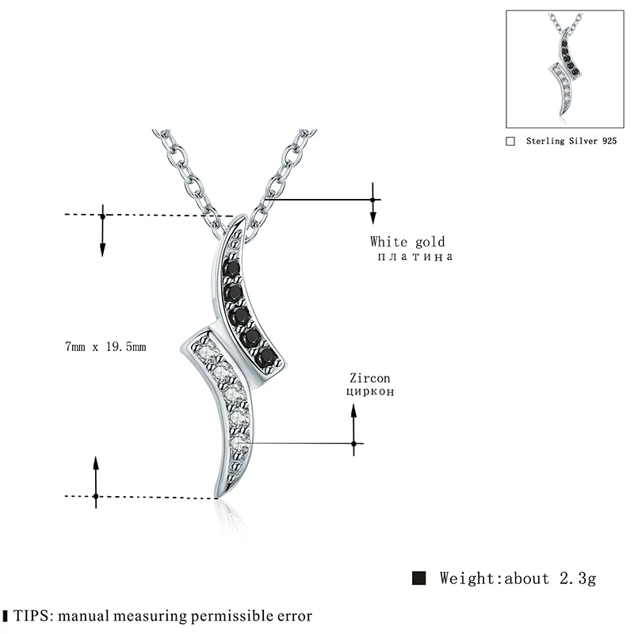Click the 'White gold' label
click(407, 242)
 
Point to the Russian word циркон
click(369, 391)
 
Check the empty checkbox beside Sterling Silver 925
click(510, 141)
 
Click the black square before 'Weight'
click(420, 578)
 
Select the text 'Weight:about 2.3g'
click(518, 578)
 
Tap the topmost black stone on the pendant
click(231, 269)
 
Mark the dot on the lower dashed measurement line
click(95, 497)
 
